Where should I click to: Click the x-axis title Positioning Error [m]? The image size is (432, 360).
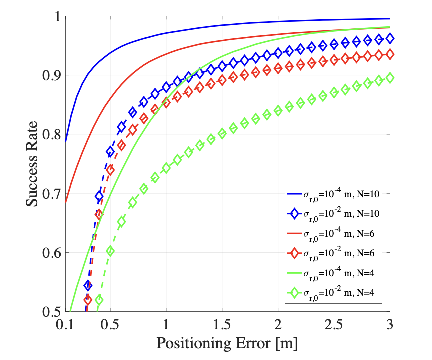[227, 344]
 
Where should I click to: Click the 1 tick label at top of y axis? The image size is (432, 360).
[56, 16]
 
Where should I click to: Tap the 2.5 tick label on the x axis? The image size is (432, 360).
[334, 325]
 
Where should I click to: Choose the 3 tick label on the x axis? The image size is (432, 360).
[390, 325]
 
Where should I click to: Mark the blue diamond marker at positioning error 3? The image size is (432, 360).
[390, 38]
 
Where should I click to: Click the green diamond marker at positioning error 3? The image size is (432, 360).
[390, 78]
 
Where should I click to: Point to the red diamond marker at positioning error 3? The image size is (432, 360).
[390, 54]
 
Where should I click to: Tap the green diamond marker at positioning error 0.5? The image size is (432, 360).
[110, 251]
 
